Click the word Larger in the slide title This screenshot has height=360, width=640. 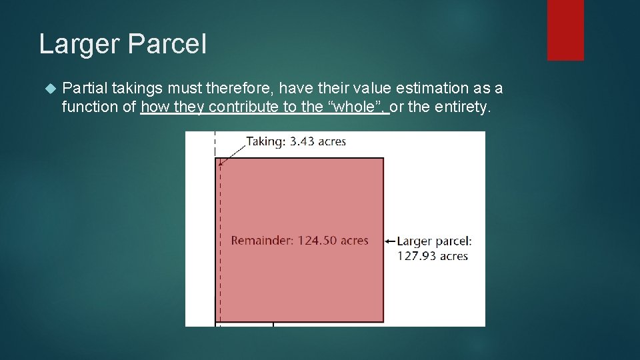tap(79, 45)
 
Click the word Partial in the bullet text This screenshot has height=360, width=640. tap(85, 88)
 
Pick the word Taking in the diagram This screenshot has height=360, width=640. tap(265, 141)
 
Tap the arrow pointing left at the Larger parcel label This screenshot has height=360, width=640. tap(391, 241)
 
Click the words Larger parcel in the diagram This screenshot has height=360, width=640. tap(434, 241)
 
